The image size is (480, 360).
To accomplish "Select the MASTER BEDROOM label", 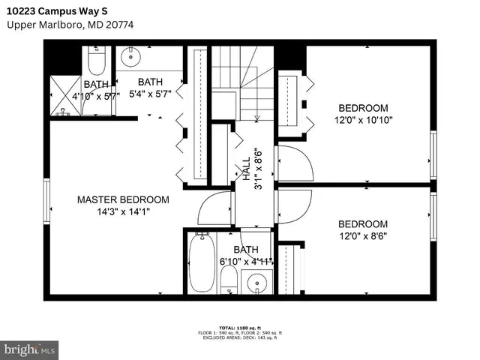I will (x=123, y=200).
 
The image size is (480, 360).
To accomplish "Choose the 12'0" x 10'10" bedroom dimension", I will (x=363, y=119).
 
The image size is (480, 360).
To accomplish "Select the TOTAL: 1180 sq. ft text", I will (x=239, y=328).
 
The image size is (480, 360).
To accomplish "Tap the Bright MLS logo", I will (x=30, y=349).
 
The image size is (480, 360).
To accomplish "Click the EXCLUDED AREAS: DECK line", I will (x=239, y=338).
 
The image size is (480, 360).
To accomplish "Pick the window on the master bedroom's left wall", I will (x=47, y=205).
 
